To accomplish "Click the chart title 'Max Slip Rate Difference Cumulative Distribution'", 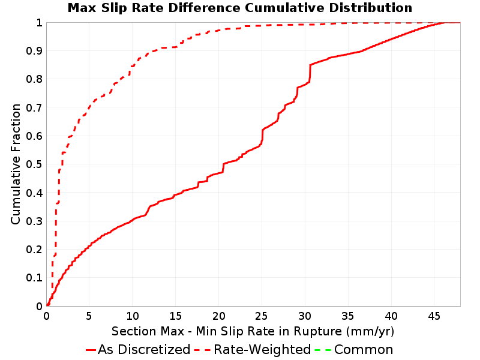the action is click(239, 8).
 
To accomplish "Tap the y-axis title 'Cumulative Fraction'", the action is click(16, 164).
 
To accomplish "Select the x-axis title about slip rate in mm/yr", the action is click(253, 332).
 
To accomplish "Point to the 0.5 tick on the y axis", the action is click(34, 164).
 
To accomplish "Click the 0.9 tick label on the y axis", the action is click(34, 51).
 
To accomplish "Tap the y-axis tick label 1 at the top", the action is click(39, 23).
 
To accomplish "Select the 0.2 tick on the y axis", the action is click(34, 250).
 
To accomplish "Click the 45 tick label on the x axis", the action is click(434, 316).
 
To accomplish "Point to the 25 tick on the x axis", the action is click(262, 316).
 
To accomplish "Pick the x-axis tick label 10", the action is click(132, 316).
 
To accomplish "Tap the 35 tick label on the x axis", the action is click(348, 316).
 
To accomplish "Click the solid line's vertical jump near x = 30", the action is click(310, 73).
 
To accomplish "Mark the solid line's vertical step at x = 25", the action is click(262, 136).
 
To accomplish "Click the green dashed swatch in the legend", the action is click(323, 350).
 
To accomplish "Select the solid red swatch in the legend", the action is click(91, 350).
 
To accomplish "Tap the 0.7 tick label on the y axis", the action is click(34, 108).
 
